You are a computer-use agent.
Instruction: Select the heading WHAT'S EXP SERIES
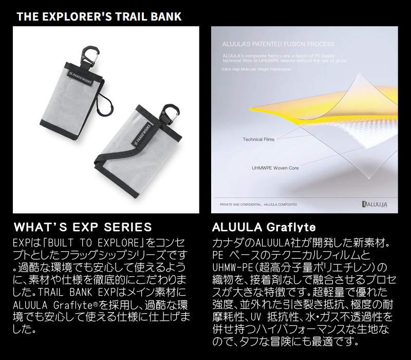[x=83, y=227]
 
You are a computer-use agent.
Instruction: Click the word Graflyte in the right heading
[x=291, y=227]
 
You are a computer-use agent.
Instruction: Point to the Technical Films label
[x=258, y=139]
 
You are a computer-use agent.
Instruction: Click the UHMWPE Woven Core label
[x=275, y=168]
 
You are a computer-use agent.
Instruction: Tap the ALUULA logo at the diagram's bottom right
[x=375, y=204]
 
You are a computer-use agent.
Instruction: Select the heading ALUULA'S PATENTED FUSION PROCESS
[x=278, y=44]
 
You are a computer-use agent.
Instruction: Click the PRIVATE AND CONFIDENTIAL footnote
[x=258, y=204]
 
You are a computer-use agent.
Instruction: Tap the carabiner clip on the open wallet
[x=171, y=113]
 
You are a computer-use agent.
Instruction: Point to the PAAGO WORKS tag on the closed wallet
[x=81, y=78]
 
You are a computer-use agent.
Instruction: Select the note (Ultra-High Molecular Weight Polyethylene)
[x=256, y=69]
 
